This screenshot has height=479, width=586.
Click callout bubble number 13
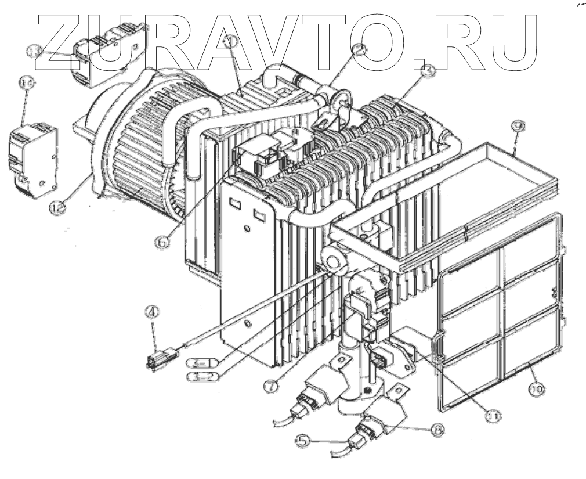pos(35,52)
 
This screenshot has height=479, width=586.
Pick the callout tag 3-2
pos(201,377)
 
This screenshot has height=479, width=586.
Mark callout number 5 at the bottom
pos(302,442)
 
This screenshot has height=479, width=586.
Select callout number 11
pos(494,416)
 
